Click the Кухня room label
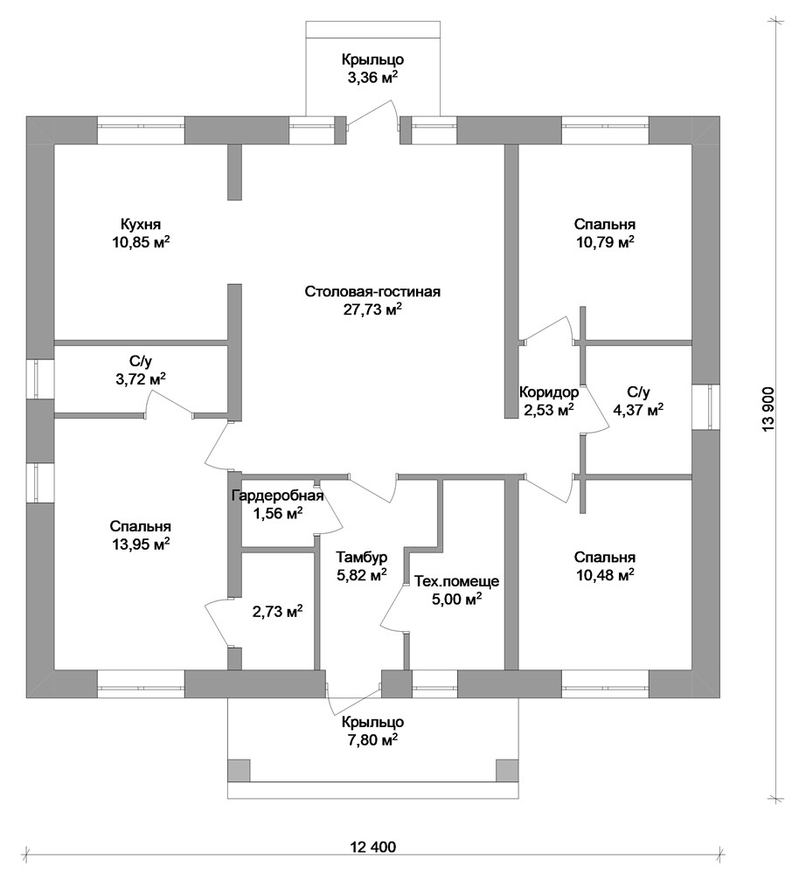141,224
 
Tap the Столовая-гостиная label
372,292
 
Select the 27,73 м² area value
372,310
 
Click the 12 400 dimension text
373,847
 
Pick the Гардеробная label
278,495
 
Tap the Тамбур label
362,557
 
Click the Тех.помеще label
456,581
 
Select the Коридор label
549,392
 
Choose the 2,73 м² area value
278,612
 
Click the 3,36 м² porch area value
372,78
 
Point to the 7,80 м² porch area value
372,739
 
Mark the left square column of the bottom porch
239,771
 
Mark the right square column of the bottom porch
507,771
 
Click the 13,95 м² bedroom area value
141,545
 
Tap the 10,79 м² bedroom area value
605,242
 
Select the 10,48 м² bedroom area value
605,575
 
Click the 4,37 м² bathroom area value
638,410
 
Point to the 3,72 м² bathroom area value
140,379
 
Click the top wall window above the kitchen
141,130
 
